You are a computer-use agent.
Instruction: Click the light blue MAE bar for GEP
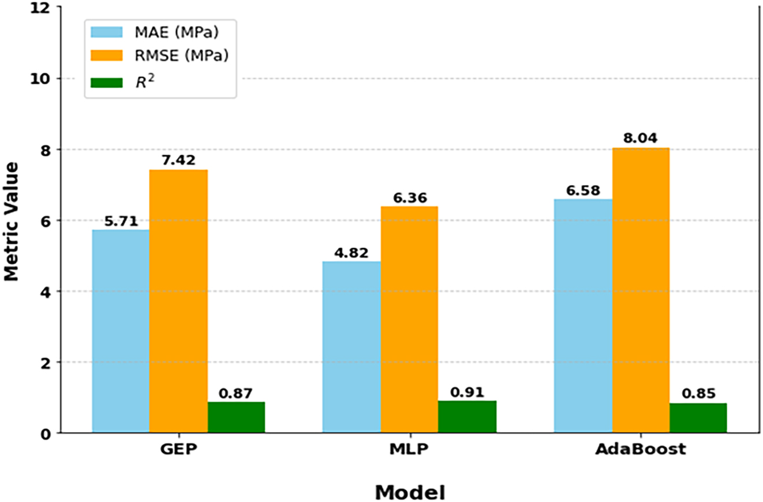click(121, 331)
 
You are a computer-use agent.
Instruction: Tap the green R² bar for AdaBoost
click(698, 418)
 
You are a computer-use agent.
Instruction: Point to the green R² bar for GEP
click(236, 417)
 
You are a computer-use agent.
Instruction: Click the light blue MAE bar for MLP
click(351, 347)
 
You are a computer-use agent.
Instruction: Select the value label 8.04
click(641, 138)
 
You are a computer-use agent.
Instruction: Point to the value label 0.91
click(466, 393)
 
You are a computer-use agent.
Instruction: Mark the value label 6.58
click(583, 190)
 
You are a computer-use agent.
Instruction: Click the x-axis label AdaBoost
click(641, 449)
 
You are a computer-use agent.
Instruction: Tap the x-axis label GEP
click(178, 449)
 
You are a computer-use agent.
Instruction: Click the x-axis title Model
click(410, 492)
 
